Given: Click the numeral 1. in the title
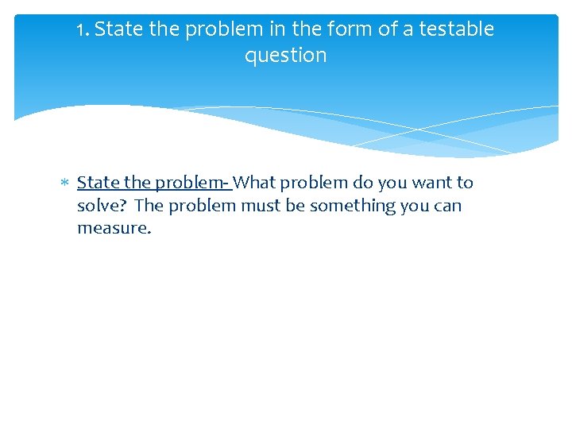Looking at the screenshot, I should pos(83,30).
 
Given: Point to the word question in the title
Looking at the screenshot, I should pos(286,56).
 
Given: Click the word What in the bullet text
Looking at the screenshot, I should pos(253,183).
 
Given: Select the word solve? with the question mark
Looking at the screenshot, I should pos(102,206).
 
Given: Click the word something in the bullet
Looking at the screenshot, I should pos(350,206).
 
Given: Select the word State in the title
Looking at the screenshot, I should pos(118,29).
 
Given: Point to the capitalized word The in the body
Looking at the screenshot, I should pos(149,206).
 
